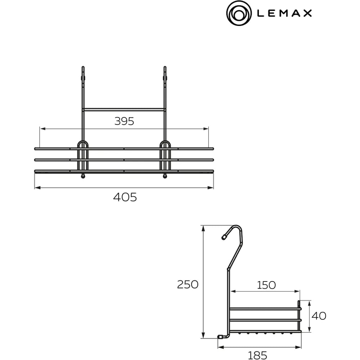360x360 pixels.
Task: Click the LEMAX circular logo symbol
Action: click(x=239, y=13)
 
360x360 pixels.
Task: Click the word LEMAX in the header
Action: click(x=284, y=13)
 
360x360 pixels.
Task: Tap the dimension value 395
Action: click(x=124, y=121)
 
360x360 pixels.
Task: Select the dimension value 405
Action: click(x=125, y=197)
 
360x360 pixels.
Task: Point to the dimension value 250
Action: click(x=188, y=284)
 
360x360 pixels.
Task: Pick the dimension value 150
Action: click(x=266, y=285)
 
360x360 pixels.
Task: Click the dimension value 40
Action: click(x=319, y=316)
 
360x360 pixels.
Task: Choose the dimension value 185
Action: click(x=257, y=355)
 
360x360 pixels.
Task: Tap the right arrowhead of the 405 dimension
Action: click(x=210, y=188)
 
